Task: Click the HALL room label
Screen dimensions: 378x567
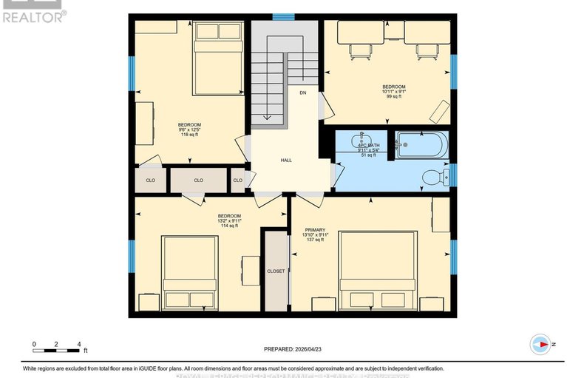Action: click(286, 161)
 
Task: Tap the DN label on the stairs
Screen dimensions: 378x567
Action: click(303, 93)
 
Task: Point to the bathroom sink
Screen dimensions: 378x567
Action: click(362, 140)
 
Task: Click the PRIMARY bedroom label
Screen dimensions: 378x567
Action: click(315, 229)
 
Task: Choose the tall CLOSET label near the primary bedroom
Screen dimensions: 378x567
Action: click(276, 271)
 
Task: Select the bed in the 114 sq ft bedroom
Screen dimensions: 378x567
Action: click(190, 273)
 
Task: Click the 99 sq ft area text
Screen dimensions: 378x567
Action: click(393, 97)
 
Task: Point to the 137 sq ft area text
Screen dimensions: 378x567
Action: click(315, 240)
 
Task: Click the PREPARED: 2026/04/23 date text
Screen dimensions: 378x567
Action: click(293, 348)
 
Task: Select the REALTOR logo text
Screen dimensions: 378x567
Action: click(34, 15)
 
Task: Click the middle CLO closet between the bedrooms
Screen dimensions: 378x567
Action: click(198, 180)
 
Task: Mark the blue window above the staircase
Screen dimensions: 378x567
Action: click(283, 16)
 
